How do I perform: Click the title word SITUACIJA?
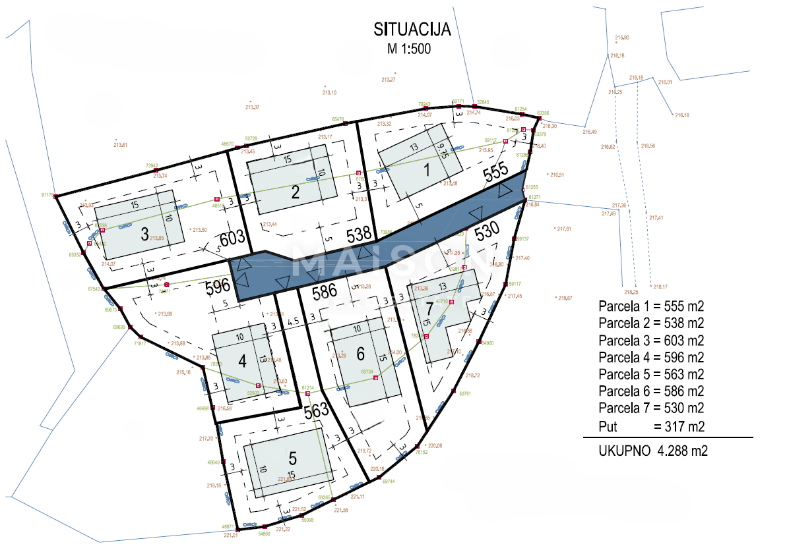(x=412, y=30)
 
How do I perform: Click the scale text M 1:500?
(x=410, y=49)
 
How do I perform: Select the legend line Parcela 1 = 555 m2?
(x=650, y=306)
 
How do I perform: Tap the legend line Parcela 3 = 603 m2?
(x=650, y=341)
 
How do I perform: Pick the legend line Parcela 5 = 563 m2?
(x=650, y=375)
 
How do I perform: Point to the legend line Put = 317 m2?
(x=650, y=427)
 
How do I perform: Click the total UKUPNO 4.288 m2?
(x=653, y=452)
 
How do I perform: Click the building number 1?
(x=427, y=170)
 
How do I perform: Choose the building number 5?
(x=293, y=457)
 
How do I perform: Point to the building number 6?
(x=360, y=354)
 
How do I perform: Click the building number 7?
(x=430, y=309)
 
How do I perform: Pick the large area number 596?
(x=217, y=287)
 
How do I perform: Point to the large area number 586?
(x=325, y=291)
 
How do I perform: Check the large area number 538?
(x=359, y=233)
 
